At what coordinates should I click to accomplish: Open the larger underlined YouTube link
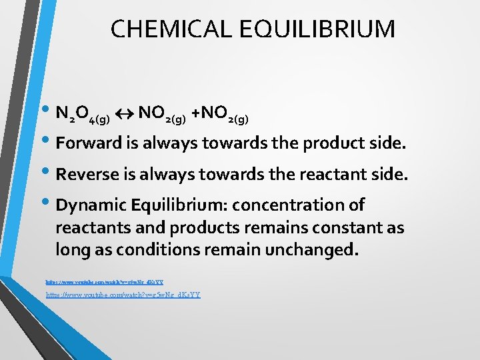point(123,295)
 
